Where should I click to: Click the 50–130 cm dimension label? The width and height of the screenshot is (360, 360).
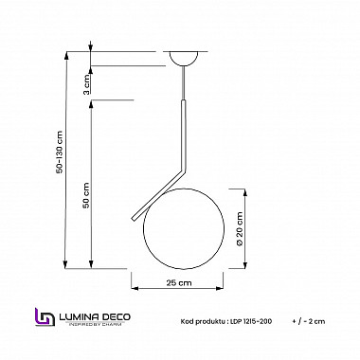59,156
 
